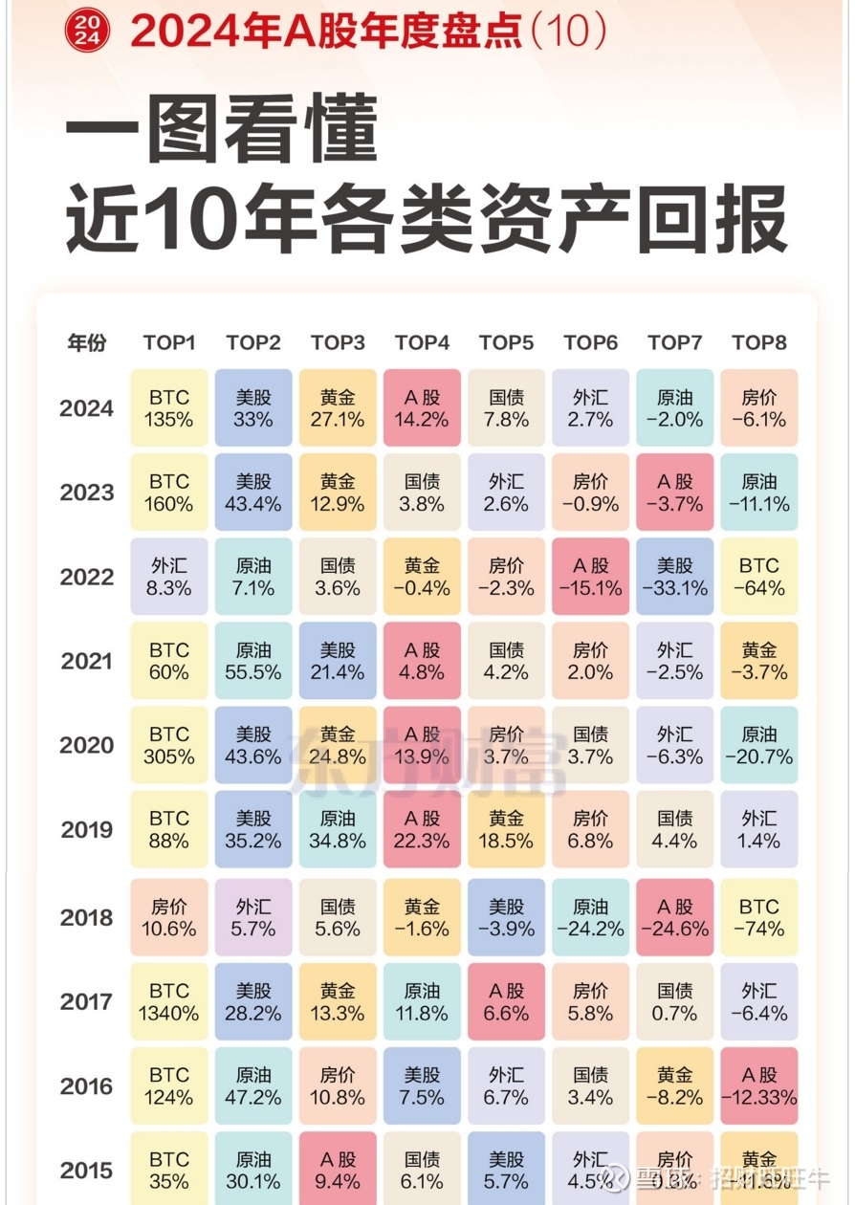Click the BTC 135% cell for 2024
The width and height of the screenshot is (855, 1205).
(169, 408)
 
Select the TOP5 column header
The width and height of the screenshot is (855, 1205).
(506, 342)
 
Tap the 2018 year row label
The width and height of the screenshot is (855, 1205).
(86, 918)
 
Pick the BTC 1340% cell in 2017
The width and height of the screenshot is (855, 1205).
(169, 1002)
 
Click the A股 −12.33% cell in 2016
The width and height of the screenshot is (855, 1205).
(758, 1086)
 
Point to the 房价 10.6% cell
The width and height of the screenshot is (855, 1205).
(169, 918)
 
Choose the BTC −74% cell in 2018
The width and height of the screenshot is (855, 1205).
(758, 918)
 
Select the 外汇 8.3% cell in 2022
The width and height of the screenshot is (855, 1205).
(169, 577)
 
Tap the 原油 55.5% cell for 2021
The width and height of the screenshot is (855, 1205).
(253, 661)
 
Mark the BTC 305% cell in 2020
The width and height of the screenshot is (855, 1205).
(169, 745)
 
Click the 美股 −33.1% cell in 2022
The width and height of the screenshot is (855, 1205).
(674, 577)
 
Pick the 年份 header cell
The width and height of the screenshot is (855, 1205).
(86, 342)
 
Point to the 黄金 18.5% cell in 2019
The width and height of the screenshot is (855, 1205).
(506, 829)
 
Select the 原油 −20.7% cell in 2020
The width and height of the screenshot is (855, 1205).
(758, 745)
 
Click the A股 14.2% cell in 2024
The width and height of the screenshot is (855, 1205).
(422, 408)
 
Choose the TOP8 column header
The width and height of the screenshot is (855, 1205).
(758, 342)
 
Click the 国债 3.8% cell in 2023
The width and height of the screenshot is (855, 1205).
(422, 493)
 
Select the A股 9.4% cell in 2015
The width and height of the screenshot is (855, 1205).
(338, 1169)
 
